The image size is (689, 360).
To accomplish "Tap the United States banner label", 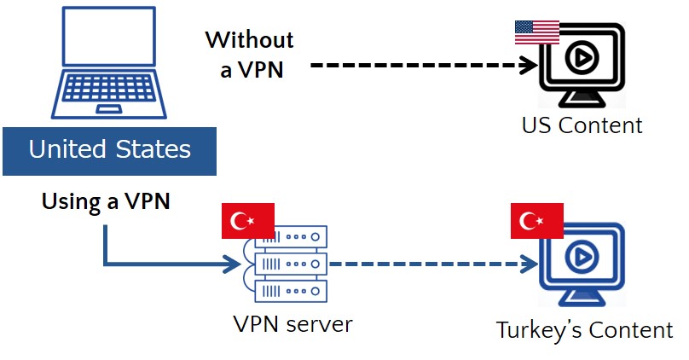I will [109, 151].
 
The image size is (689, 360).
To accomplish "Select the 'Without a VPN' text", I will [250, 54].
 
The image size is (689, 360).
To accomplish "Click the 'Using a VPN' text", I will [106, 203].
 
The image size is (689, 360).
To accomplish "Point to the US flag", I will [537, 32].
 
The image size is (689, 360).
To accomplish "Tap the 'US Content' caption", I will [582, 125].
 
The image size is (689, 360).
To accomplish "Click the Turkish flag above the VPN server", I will [247, 221].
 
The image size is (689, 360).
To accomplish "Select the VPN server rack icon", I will [285, 264].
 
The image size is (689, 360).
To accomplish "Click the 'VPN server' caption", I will [292, 325].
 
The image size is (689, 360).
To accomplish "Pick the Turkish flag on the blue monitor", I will [536, 221].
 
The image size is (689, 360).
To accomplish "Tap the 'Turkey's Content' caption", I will [585, 330].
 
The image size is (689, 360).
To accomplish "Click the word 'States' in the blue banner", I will [154, 151].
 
